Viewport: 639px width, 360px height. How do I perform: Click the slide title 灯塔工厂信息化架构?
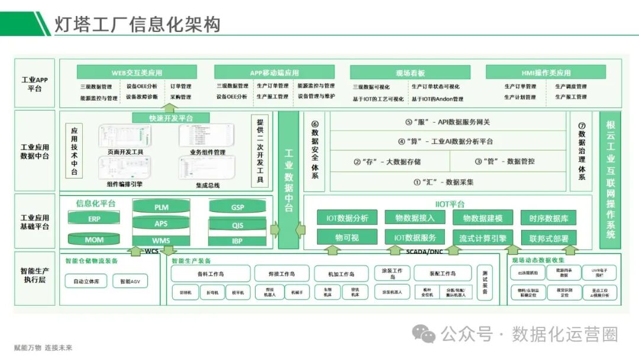click(137, 24)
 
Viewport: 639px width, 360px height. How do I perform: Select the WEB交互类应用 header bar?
click(136, 72)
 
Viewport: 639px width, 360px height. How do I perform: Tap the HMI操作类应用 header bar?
click(546, 72)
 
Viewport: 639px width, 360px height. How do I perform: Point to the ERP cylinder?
click(95, 218)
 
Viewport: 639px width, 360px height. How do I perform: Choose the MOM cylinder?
click(95, 240)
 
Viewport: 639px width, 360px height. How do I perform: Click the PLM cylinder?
click(161, 208)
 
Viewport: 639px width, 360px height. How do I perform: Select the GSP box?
click(237, 207)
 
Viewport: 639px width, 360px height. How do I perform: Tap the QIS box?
click(237, 225)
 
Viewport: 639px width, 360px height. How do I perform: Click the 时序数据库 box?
click(548, 218)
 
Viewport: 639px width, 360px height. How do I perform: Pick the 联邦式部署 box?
click(548, 238)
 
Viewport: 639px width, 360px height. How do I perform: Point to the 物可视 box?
click(347, 238)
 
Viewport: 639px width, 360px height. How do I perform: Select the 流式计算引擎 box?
click(482, 238)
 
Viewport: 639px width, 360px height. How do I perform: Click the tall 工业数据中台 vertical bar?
click(289, 179)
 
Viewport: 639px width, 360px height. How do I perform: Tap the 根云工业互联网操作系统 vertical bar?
click(611, 179)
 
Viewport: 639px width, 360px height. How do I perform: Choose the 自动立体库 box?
click(86, 281)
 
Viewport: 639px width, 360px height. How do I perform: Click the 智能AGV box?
click(130, 281)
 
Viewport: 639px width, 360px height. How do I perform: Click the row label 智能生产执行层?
click(34, 275)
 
